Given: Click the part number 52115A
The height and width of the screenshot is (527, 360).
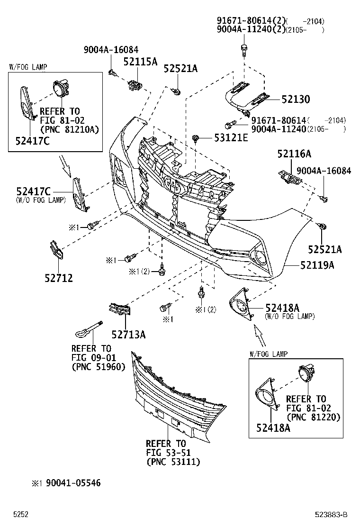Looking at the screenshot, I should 140,62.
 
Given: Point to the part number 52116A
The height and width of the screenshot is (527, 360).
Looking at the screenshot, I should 294,154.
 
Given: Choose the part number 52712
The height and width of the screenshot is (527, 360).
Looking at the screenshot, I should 58,278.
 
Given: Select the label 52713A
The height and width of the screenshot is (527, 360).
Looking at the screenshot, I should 128,335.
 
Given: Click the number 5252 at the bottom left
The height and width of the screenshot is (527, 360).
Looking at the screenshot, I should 21,515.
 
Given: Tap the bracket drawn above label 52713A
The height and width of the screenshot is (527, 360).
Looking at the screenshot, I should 119,309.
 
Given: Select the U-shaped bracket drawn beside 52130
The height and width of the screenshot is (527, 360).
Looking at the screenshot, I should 246,97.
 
